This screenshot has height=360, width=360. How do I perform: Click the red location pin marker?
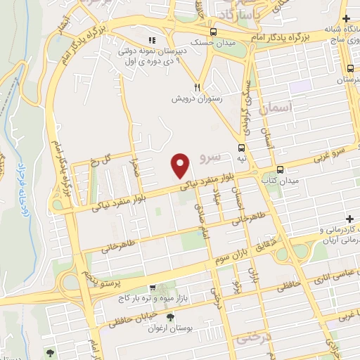181,165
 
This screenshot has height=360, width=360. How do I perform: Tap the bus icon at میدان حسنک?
214,32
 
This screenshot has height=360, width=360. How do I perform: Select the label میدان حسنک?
212,44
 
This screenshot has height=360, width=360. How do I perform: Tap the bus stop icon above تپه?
241,148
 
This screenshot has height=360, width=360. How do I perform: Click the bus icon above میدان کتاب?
280,169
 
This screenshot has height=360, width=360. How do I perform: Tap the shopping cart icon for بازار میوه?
153,288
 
